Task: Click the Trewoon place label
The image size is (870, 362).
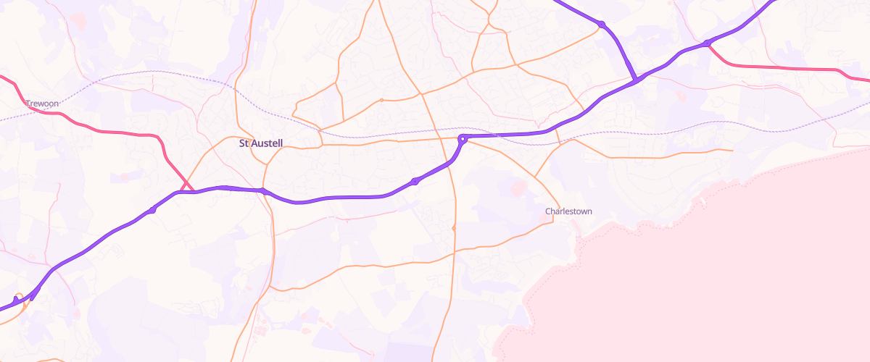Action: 42,104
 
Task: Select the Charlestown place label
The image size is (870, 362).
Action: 568,211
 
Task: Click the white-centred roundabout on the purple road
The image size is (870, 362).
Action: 462,138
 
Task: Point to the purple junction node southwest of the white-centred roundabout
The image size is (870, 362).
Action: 415,181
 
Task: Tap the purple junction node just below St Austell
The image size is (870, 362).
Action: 263,191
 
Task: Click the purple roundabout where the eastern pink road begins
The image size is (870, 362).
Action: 706,43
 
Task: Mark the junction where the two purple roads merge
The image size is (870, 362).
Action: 635,80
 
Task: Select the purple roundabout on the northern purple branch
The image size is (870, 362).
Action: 602,25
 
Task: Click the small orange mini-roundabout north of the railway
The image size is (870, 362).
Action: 381,100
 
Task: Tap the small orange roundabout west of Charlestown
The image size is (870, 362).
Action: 454,228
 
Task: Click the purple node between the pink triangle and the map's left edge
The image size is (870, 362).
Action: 152,210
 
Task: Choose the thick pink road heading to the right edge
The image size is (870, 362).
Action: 797,68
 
